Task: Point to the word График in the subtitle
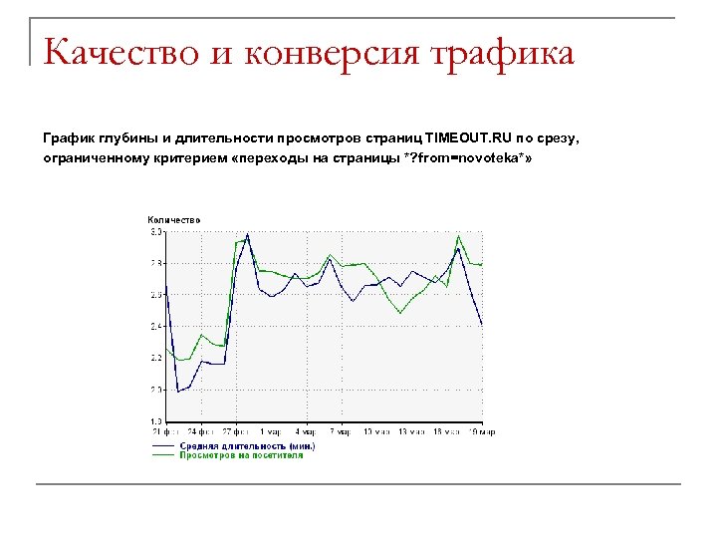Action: [x=70, y=136]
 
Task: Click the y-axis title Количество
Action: [x=173, y=219]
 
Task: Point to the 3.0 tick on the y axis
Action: [x=156, y=232]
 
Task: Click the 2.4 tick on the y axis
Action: [x=156, y=327]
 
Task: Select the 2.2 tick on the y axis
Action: [x=156, y=358]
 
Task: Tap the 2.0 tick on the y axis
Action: [x=156, y=390]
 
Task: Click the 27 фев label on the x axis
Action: [x=236, y=431]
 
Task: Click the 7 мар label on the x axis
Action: [x=342, y=431]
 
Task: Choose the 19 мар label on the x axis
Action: [x=483, y=431]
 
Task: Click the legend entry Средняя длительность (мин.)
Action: [x=247, y=445]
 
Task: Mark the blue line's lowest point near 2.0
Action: [x=177, y=392]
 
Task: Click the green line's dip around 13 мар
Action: [x=400, y=313]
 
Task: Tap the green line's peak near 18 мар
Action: [x=458, y=236]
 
